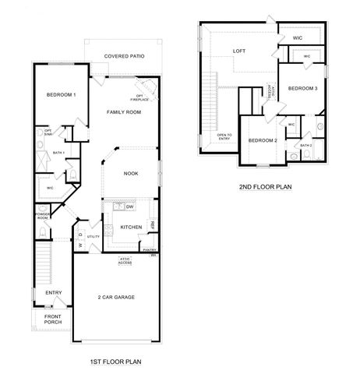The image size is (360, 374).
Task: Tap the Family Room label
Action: [x=123, y=113]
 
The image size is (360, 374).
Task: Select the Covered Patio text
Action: [x=133, y=57]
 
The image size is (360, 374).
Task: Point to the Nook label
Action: [x=131, y=173]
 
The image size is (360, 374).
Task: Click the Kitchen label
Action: [x=130, y=227]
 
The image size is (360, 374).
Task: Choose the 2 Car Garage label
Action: [x=115, y=297]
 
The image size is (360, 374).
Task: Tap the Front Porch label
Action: [x=53, y=319]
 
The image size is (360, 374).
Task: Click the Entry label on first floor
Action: [x=53, y=293]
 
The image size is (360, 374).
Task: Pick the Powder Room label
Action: [x=42, y=216]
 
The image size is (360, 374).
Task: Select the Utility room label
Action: [x=94, y=236]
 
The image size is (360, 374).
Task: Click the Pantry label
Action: [x=149, y=249]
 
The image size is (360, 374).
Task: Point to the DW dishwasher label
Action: [x=129, y=206]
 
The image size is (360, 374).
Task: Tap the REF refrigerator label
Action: [x=153, y=225]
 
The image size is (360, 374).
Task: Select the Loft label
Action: [x=239, y=52]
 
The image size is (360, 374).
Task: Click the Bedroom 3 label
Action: [x=302, y=89]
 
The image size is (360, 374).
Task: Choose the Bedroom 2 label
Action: [x=263, y=140]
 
